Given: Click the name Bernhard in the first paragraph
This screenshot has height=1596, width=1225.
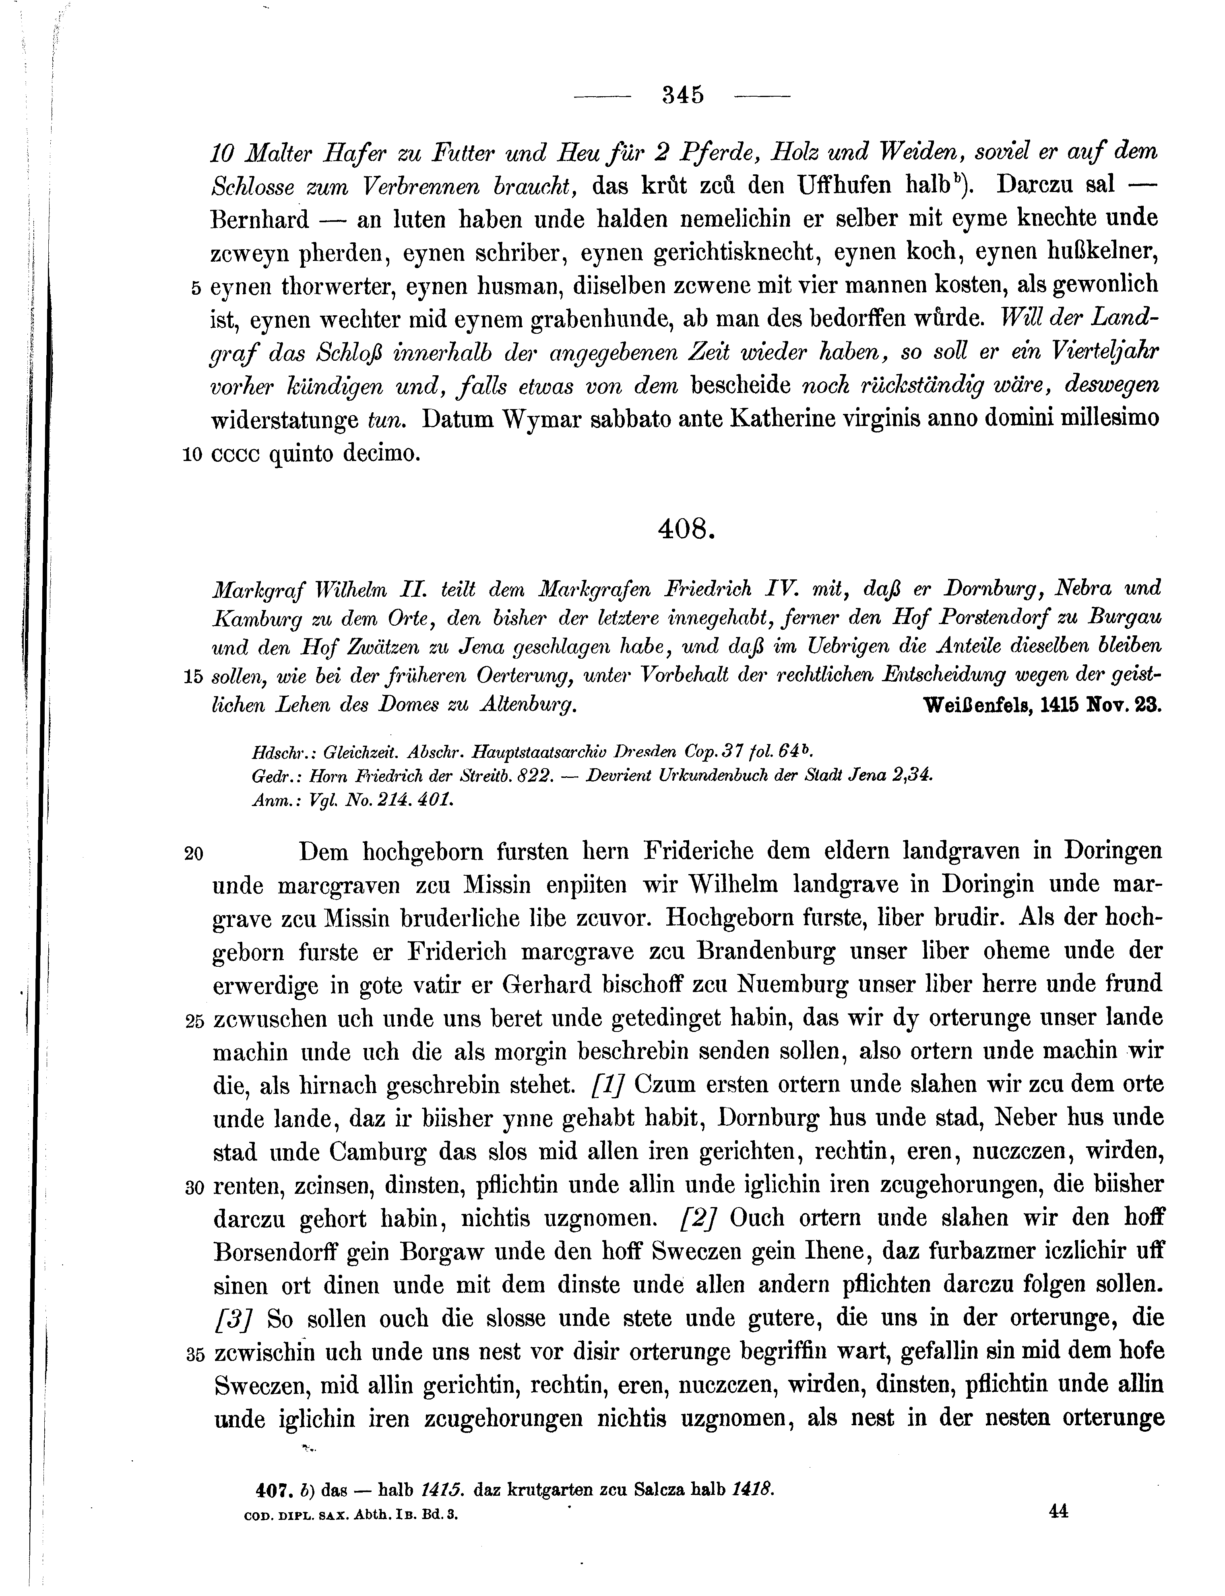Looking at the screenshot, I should click(x=260, y=219).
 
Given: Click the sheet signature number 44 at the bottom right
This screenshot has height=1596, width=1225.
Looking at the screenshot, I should click(x=1058, y=1511).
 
